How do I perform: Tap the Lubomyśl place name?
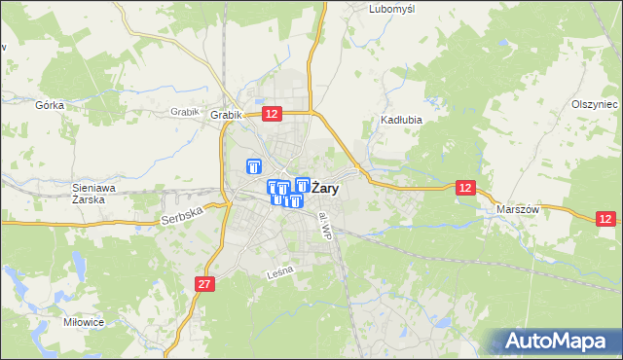pos(392,9)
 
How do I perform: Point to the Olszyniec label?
pos(595,104)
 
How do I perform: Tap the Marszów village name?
pos(518,209)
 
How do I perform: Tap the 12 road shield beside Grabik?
pos(272,114)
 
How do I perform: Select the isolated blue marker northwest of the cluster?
pos(255,167)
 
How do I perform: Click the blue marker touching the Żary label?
pos(302,185)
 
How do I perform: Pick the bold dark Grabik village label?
pos(225,115)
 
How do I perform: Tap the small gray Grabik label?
pos(184,112)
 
